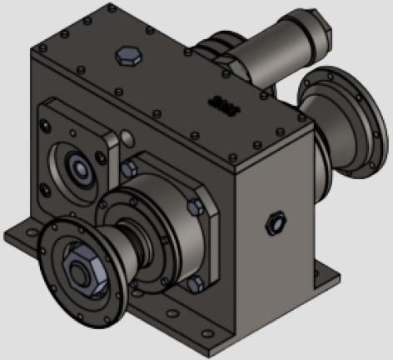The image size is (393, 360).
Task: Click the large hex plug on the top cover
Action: pos(127,56)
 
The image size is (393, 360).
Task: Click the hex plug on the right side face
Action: pos(272,222)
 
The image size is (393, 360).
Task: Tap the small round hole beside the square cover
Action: pos(127,136)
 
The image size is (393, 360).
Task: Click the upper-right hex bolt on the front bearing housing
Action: pos(196,207)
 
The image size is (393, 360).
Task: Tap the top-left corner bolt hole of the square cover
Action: pos(47,111)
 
